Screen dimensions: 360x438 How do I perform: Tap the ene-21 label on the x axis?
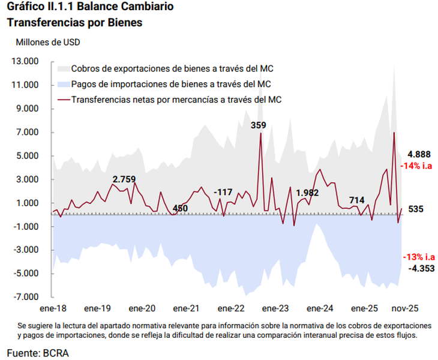point(186,308)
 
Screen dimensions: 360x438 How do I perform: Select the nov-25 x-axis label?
point(405,308)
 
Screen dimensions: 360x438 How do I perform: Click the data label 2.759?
point(124,179)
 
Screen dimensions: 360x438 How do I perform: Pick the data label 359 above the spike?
point(258,125)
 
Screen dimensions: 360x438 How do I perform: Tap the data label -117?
point(223,192)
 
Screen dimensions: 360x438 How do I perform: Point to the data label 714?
point(356,200)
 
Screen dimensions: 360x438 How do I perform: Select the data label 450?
point(179,208)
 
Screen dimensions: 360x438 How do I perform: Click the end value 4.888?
point(418,154)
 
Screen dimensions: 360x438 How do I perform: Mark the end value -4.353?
point(421,268)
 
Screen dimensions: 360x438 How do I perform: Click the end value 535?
point(416,209)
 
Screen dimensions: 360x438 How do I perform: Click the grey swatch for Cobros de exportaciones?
point(62,68)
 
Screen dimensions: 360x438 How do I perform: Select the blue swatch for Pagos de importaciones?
point(62,84)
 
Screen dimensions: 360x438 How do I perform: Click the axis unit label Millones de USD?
point(47,43)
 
